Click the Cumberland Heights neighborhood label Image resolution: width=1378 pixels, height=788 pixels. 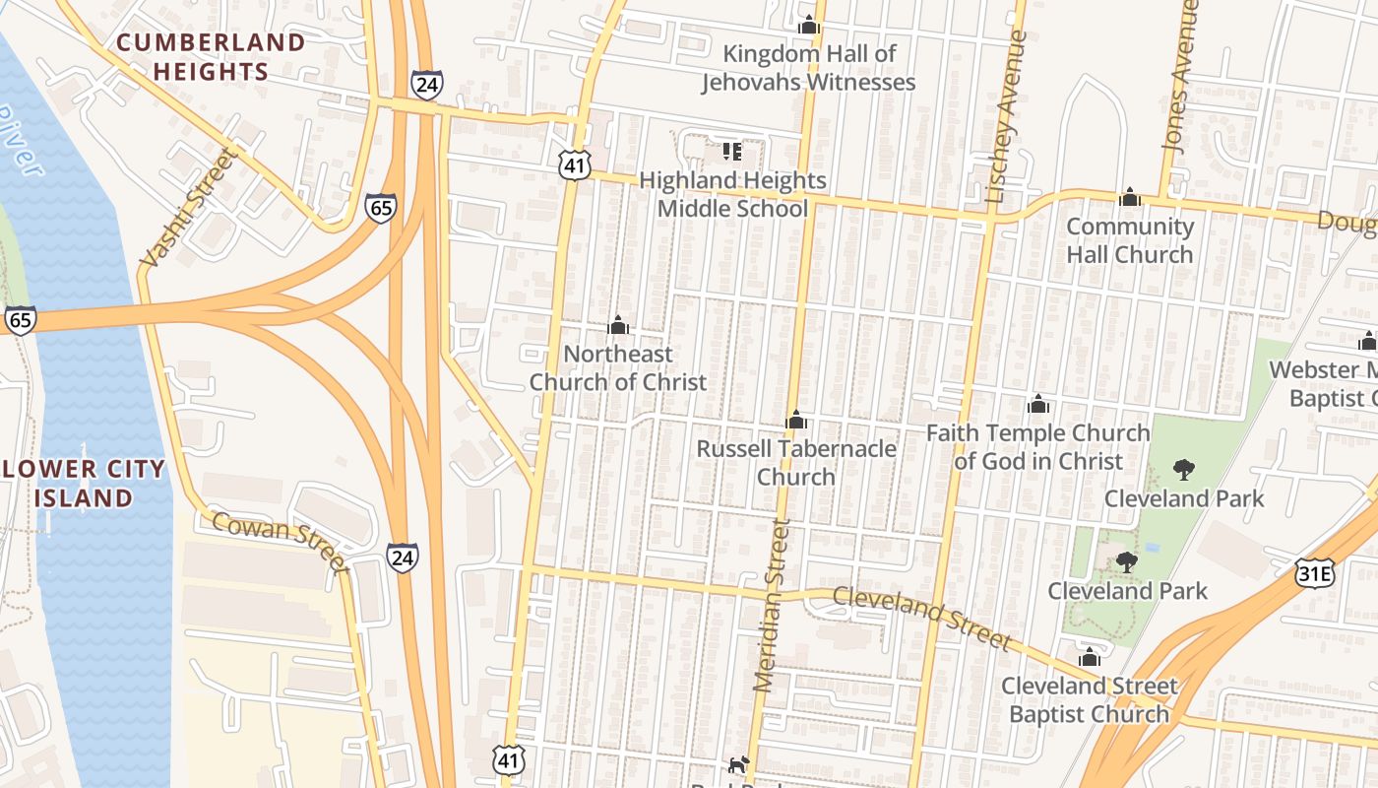212,57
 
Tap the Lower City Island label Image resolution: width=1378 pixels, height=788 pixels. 84,484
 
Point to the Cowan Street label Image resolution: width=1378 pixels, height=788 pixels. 281,543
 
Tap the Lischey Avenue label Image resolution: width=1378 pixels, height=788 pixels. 1006,118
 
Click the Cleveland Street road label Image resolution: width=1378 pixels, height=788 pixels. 921,618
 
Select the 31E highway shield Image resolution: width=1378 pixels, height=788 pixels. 1314,572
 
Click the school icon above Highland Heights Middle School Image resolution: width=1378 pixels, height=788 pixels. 731,151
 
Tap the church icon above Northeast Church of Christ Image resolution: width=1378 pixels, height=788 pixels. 618,325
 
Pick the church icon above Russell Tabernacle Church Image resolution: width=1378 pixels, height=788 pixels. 796,421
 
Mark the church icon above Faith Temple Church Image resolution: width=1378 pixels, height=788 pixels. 1037,404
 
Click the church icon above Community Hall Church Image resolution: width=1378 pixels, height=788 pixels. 1130,197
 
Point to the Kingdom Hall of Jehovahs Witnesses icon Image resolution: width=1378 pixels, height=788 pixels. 809,25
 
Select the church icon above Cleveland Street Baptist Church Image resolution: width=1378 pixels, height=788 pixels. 1089,657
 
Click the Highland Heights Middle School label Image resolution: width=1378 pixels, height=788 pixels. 732,194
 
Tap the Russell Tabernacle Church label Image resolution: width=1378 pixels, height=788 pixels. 796,463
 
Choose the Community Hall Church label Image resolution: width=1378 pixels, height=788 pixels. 1130,240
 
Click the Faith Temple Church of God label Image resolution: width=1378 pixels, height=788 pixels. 1038,447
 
